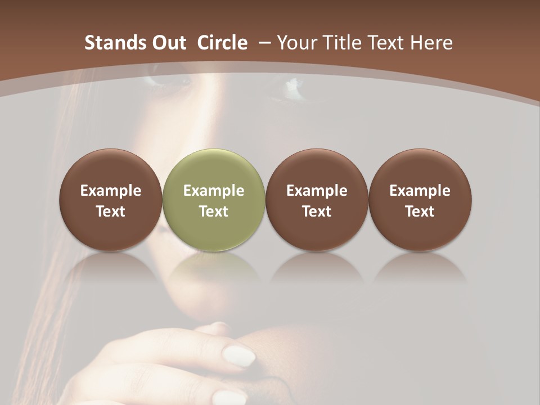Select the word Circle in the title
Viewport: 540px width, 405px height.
[222, 43]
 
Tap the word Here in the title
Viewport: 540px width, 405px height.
[432, 43]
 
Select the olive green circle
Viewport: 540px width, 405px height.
[213, 200]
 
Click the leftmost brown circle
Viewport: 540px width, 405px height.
[110, 200]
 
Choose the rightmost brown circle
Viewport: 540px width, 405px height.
[420, 200]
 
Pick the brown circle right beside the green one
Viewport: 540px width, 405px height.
[317, 200]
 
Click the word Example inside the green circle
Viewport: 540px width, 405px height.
[213, 191]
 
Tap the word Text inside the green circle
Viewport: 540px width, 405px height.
[213, 211]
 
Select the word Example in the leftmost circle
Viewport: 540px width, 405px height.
[110, 191]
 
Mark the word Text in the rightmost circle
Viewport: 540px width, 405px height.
[420, 211]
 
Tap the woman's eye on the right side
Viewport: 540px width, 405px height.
[292, 85]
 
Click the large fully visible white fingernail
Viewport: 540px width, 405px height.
[238, 355]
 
